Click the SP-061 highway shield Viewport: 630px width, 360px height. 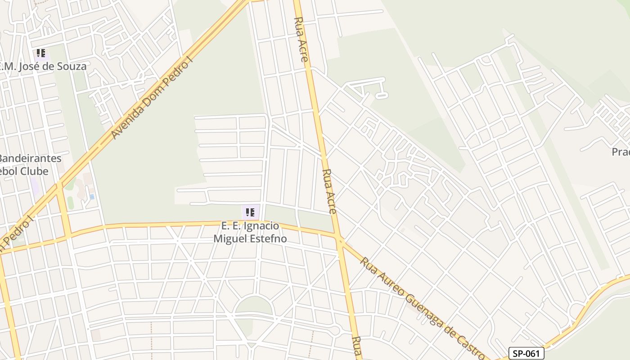[526, 353]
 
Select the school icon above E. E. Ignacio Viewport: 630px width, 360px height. [250, 212]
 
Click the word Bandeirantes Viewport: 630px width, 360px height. [30, 158]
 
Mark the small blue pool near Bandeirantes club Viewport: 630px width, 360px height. [92, 197]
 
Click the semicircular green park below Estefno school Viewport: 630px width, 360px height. [254, 306]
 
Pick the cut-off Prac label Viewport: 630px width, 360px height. [621, 152]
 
